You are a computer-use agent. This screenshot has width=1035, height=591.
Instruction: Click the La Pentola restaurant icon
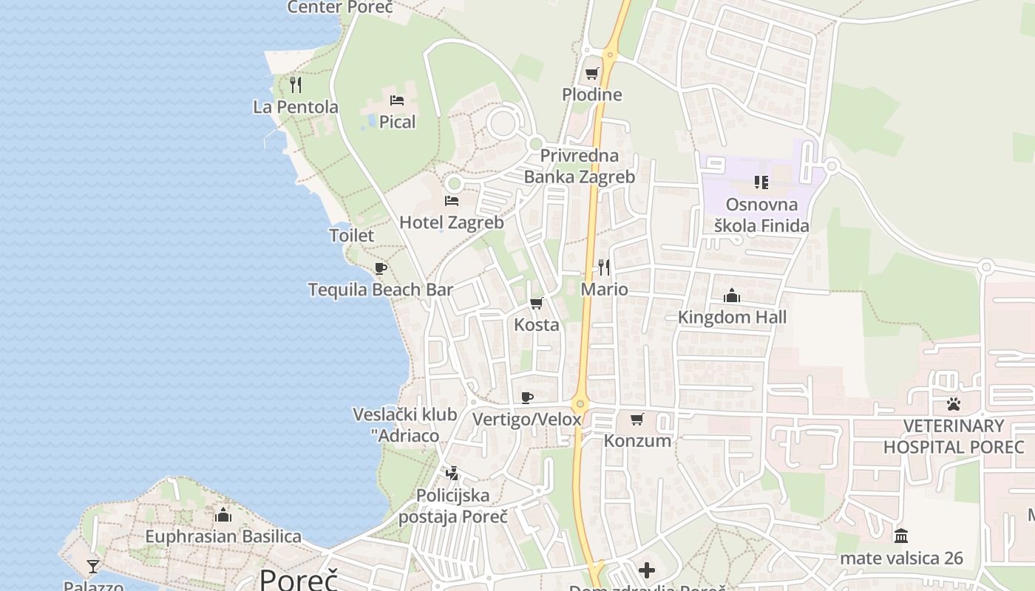tap(296, 85)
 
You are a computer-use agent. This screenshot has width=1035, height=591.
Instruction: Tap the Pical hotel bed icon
tap(397, 100)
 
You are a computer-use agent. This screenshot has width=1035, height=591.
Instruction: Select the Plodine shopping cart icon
tap(591, 73)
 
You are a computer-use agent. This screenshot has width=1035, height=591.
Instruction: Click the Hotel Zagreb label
tap(451, 222)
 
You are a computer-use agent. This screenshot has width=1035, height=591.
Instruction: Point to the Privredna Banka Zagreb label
tap(580, 166)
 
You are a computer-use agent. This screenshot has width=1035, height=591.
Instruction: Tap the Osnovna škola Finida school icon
tap(761, 182)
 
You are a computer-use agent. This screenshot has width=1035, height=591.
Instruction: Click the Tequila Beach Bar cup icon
tap(381, 268)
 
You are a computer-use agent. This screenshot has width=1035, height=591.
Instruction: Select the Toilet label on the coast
tap(351, 236)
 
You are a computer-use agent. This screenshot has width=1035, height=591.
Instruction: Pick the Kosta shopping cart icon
tap(537, 303)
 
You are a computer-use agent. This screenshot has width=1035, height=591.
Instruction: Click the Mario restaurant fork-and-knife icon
tap(604, 267)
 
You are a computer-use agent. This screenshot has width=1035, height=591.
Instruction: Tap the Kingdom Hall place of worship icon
tap(732, 295)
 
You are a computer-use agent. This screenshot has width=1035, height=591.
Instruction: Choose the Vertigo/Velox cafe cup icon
tap(527, 397)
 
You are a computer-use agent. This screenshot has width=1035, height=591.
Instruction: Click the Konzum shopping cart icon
tap(637, 419)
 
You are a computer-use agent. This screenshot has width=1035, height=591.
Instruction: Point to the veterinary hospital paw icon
tap(954, 404)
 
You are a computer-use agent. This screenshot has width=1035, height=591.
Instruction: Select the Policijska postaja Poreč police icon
tap(452, 473)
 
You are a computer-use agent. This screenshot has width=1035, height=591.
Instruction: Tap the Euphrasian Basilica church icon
tap(223, 514)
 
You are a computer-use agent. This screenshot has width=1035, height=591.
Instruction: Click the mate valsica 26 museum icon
tap(901, 536)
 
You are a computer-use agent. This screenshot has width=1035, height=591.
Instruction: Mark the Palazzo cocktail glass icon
tap(93, 567)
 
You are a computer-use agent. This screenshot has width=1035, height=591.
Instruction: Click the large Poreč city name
tap(299, 579)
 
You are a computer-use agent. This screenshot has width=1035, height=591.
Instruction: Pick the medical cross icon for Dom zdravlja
tap(647, 570)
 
